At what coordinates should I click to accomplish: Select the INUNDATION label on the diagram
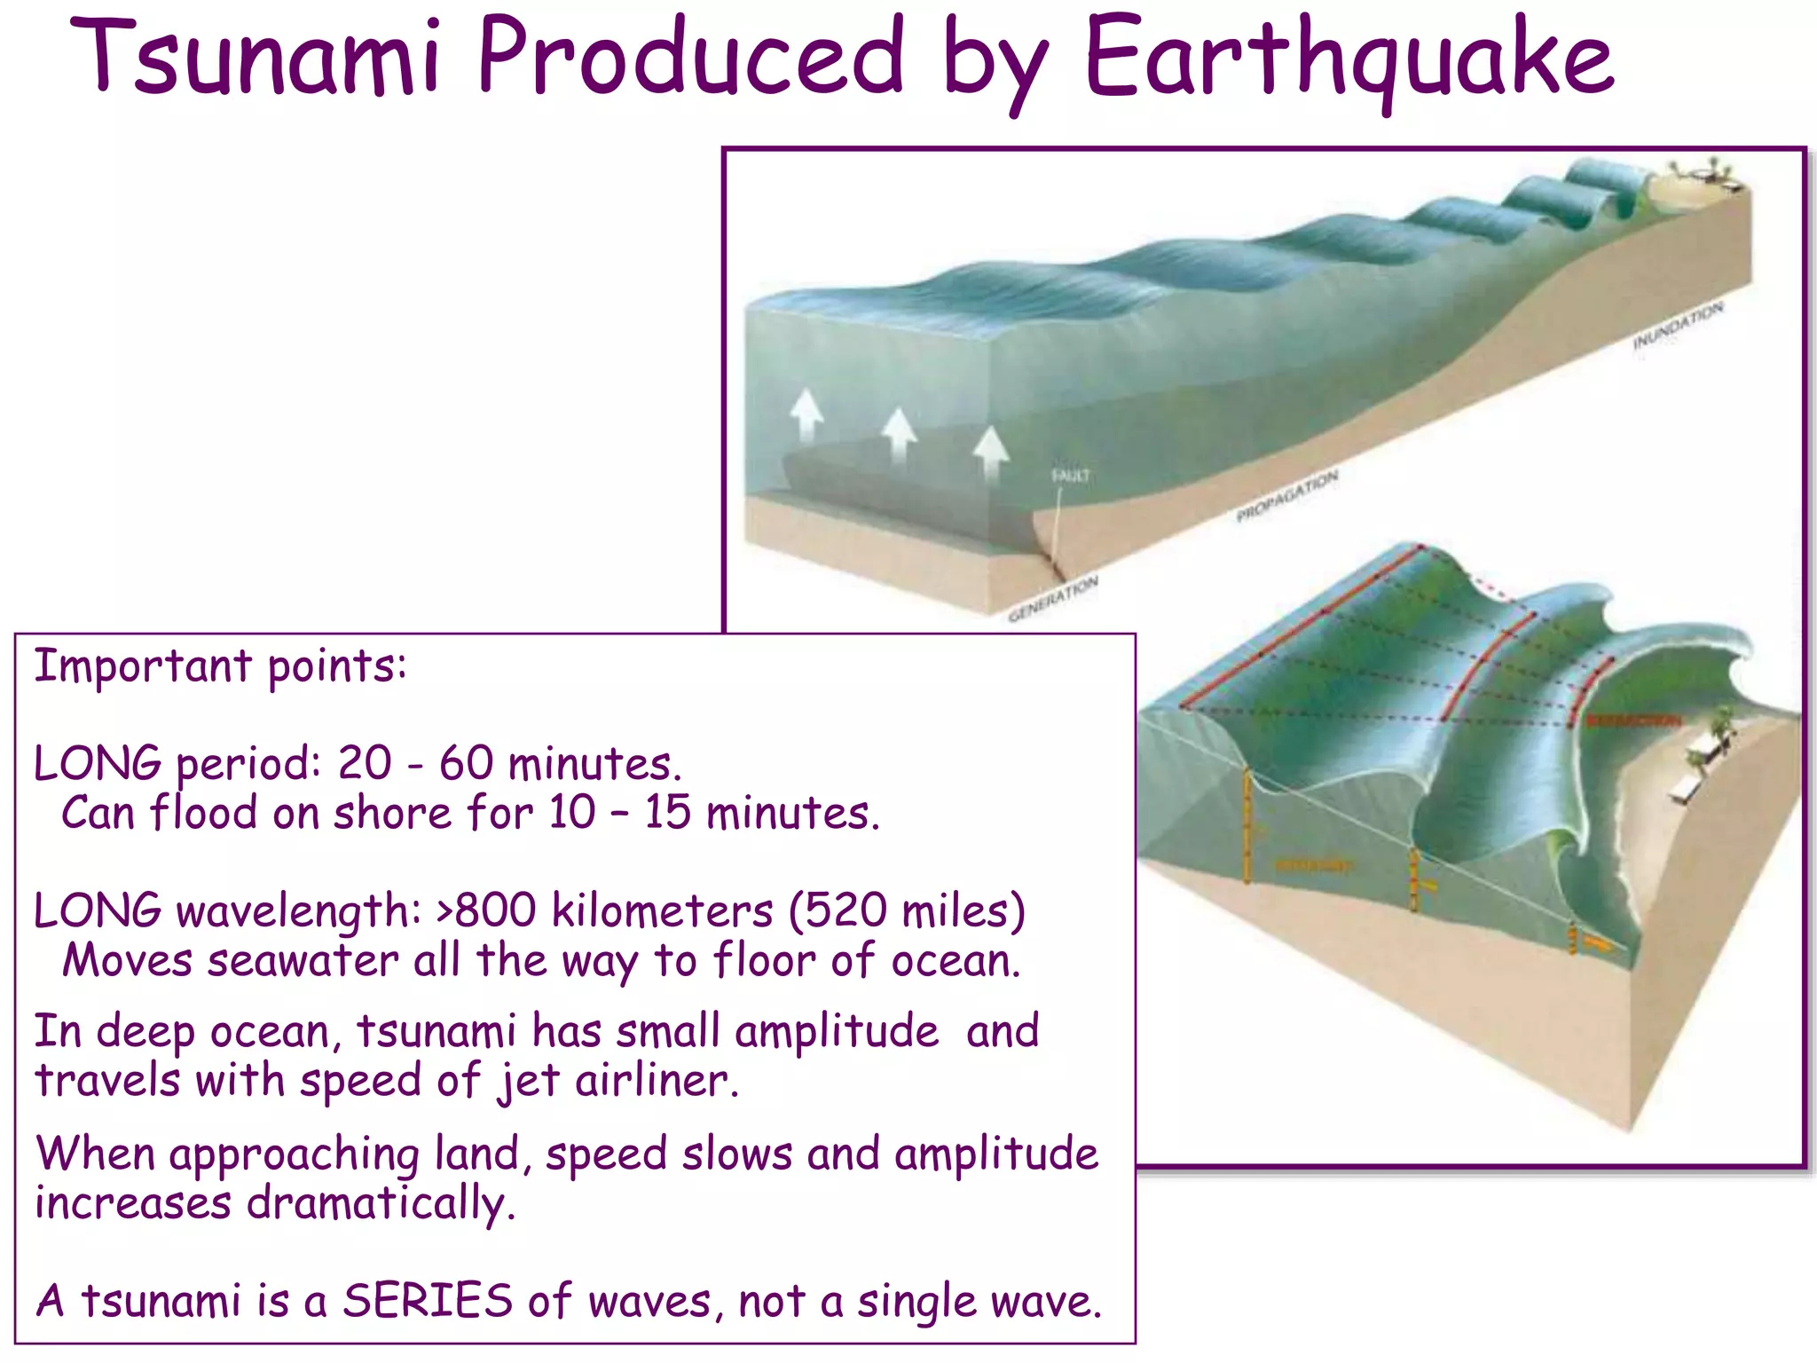(1678, 326)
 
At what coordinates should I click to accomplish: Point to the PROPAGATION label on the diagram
(1286, 496)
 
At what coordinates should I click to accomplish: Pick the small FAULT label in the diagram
(1070, 476)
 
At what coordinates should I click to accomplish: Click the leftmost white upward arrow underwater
(806, 414)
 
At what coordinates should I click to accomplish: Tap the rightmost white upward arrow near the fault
(990, 453)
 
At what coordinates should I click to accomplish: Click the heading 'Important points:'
(220, 666)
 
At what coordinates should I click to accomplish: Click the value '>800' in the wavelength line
(486, 911)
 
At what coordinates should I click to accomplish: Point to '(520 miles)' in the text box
(907, 911)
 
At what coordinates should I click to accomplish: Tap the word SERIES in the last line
(428, 1301)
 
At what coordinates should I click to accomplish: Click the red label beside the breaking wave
(1632, 721)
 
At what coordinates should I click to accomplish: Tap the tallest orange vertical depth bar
(1247, 825)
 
